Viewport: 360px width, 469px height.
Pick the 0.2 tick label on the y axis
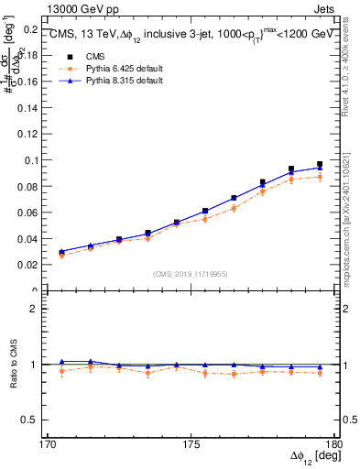click(x=33, y=28)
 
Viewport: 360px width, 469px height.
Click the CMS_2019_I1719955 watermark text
click(x=191, y=273)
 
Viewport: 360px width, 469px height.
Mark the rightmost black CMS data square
click(x=320, y=165)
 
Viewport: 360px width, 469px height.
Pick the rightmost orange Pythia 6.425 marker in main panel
click(x=320, y=177)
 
